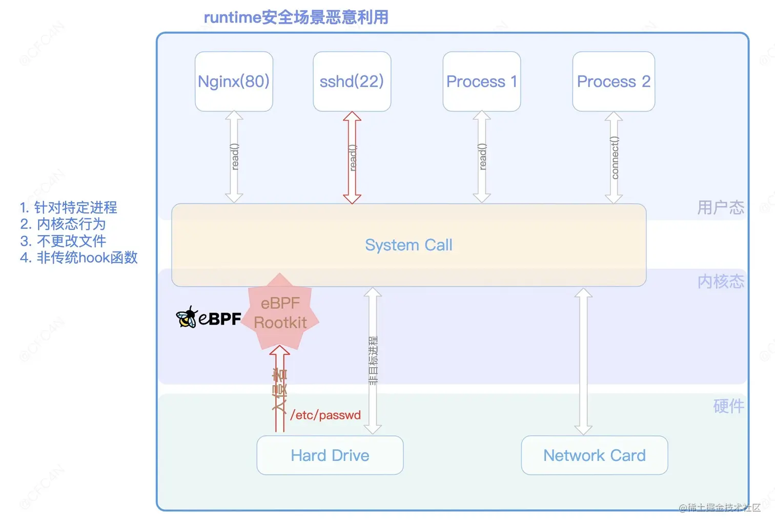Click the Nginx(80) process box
[x=234, y=81]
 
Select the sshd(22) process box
[x=352, y=81]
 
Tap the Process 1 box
[x=481, y=81]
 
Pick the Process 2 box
[x=614, y=81]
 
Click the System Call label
[x=409, y=245]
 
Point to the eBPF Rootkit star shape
[x=280, y=313]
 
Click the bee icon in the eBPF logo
[x=187, y=318]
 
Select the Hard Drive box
[x=330, y=455]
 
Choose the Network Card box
[x=594, y=455]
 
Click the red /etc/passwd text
[x=325, y=415]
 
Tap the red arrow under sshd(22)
[x=352, y=158]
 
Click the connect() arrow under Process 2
[x=614, y=158]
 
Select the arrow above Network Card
[x=583, y=361]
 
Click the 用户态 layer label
[x=720, y=207]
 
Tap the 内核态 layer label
[x=720, y=281]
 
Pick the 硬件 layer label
[x=728, y=406]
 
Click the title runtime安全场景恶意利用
[x=296, y=17]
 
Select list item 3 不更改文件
[x=64, y=241]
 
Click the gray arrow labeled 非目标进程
[x=373, y=361]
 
